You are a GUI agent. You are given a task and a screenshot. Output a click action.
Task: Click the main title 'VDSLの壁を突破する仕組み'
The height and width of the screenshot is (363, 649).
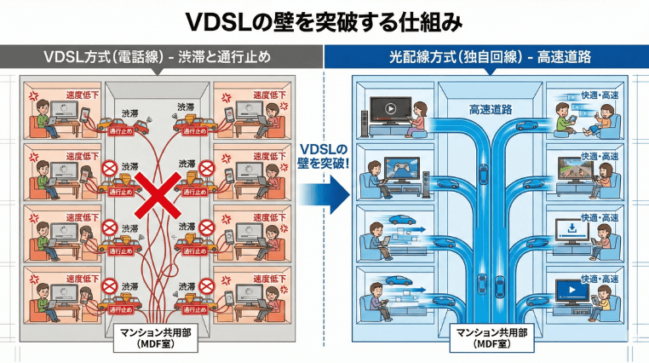pyautogui.click(x=324, y=20)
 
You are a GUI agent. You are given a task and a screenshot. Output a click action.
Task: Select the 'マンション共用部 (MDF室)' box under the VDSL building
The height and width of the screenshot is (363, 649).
pyautogui.click(x=162, y=334)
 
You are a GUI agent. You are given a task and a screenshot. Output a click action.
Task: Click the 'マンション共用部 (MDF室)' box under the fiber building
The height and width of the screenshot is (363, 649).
pyautogui.click(x=490, y=334)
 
